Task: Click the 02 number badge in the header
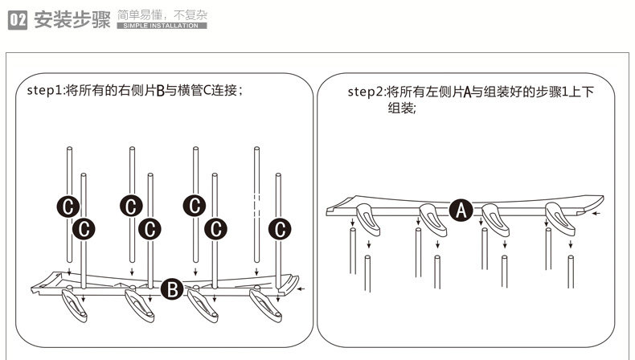click(18, 19)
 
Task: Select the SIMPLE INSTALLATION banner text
click(162, 26)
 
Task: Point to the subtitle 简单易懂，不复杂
click(162, 14)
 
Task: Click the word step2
click(366, 92)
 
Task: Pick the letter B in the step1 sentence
click(160, 92)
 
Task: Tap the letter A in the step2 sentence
click(467, 92)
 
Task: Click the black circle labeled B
click(172, 289)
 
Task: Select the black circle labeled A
click(460, 211)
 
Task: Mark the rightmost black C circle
click(279, 229)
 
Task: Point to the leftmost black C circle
click(68, 206)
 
